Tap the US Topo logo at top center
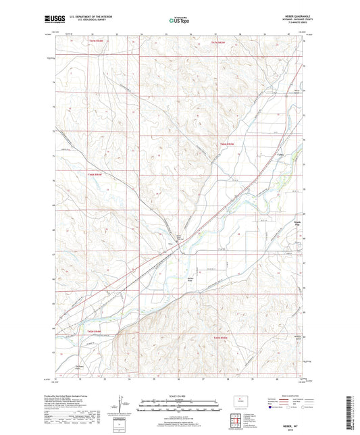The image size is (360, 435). click(x=176, y=20)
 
